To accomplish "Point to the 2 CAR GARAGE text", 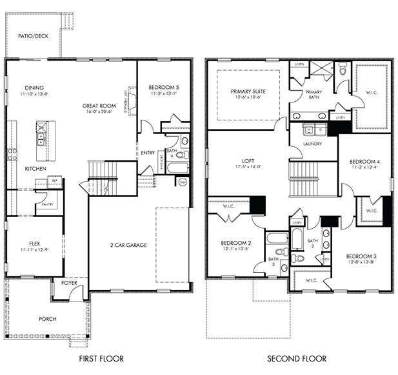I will pos(128,245).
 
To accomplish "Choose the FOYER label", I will pos(69,282).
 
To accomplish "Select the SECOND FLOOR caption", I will pos(297,358).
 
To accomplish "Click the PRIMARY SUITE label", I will pos(248,91).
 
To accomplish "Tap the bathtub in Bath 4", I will pos(177,168).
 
